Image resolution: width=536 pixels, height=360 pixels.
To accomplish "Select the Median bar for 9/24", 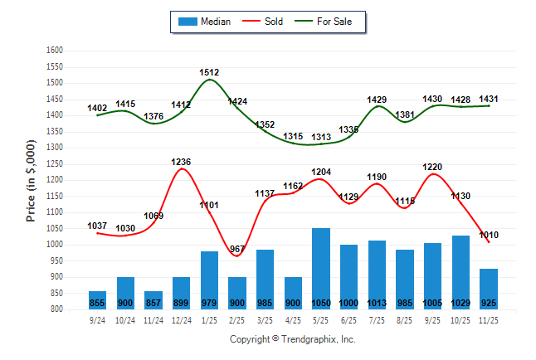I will [x=97, y=299].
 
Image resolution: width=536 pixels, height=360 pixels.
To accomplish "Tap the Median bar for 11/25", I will [x=489, y=289].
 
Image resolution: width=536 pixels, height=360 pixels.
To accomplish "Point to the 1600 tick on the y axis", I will [x=54, y=51].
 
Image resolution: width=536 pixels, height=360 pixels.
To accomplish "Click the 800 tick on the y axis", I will [x=56, y=309].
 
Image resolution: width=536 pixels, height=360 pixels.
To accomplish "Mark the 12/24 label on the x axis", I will [x=181, y=319].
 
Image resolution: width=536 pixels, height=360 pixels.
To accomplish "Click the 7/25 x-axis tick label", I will [x=377, y=319].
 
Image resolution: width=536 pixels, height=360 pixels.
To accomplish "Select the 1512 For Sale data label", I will [x=209, y=73].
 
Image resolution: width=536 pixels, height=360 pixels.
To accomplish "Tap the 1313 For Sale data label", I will [x=321, y=137].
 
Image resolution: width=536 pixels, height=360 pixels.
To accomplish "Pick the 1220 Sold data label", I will [x=432, y=167].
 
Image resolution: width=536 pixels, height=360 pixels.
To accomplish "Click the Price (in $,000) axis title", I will [x=31, y=180].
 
